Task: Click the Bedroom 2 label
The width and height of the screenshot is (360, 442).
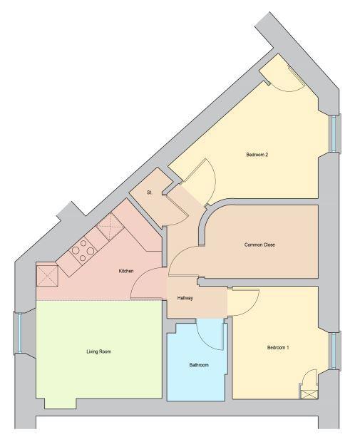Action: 257,155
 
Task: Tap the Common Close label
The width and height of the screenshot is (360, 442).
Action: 259,245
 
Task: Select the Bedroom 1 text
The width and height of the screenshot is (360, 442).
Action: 278,348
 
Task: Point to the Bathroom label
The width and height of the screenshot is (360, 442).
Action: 199,365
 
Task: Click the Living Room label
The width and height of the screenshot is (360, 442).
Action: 98,351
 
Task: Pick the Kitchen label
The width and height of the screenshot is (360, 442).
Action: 126,271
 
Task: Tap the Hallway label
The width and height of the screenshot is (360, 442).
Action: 185,298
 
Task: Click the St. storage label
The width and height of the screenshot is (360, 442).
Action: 150,192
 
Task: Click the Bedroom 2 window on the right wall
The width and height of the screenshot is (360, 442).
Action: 333,133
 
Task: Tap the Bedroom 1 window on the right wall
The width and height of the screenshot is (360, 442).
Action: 333,351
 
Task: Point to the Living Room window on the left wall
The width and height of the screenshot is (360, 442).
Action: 20,333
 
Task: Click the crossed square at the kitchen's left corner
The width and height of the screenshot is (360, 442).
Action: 47,276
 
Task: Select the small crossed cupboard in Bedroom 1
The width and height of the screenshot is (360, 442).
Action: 309,394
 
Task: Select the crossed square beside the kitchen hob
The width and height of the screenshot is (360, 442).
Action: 110,227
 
